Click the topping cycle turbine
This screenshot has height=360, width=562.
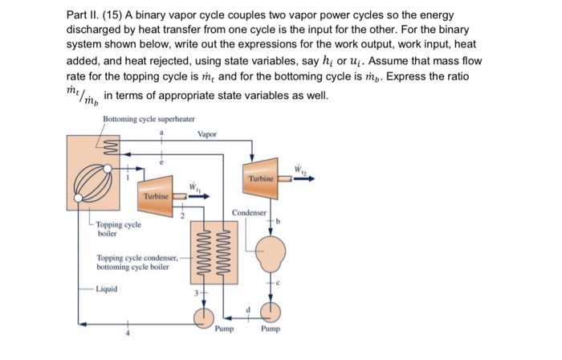[x=156, y=193]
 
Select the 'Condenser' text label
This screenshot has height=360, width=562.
[x=249, y=212]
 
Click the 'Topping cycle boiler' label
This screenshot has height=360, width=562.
[x=118, y=231]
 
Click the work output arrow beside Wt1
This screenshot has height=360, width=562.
[x=200, y=195]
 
